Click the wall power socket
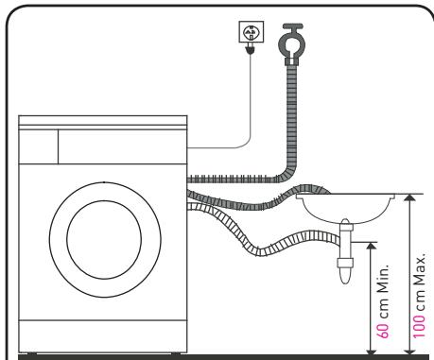pos(252,31)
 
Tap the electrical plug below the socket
pos(251,49)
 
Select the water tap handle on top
pos(293,26)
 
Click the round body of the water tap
pos(292,44)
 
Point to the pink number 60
pos(383,329)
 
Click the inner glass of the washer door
pos(104,240)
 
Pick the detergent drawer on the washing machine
pos(39,146)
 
